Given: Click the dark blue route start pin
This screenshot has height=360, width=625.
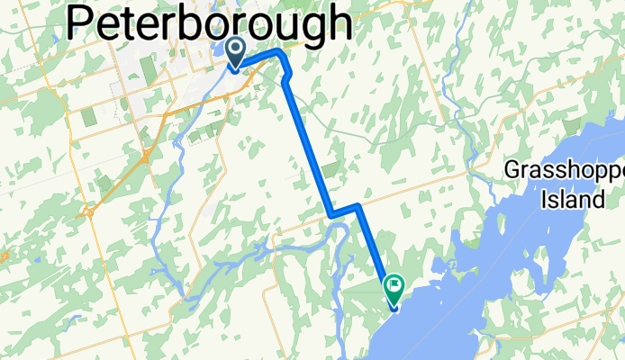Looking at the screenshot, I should [236, 52].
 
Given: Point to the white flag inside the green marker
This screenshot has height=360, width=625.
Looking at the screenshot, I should [395, 287].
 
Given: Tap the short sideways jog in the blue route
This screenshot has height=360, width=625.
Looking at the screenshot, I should [346, 211].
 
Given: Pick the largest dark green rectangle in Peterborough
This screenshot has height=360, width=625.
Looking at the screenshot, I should [89, 118].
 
